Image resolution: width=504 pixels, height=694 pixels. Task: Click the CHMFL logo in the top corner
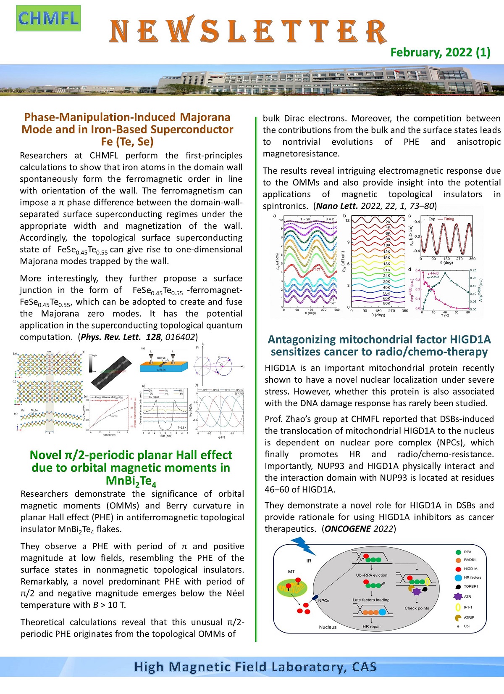pyautogui.click(x=48, y=19)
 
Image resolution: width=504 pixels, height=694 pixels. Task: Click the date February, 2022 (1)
pyautogui.click(x=440, y=52)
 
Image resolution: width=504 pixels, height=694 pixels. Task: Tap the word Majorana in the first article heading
pyautogui.click(x=205, y=117)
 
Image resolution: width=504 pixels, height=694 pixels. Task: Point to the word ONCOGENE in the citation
pyautogui.click(x=348, y=529)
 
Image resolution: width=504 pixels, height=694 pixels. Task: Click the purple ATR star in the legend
pyautogui.click(x=458, y=596)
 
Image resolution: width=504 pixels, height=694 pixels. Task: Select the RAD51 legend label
pyautogui.click(x=470, y=560)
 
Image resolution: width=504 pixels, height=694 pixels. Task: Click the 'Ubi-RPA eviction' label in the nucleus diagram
pyautogui.click(x=372, y=575)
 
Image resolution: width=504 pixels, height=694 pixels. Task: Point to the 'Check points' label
pyautogui.click(x=417, y=608)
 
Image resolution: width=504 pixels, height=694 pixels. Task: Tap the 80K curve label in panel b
pyautogui.click(x=386, y=303)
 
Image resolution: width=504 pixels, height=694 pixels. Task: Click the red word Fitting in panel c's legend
pyautogui.click(x=449, y=219)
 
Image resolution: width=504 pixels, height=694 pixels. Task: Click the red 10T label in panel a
pyautogui.click(x=318, y=269)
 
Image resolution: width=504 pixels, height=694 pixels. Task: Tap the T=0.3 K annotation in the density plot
pyautogui.click(x=182, y=427)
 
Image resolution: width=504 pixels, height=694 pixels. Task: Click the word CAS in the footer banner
pyautogui.click(x=364, y=667)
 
